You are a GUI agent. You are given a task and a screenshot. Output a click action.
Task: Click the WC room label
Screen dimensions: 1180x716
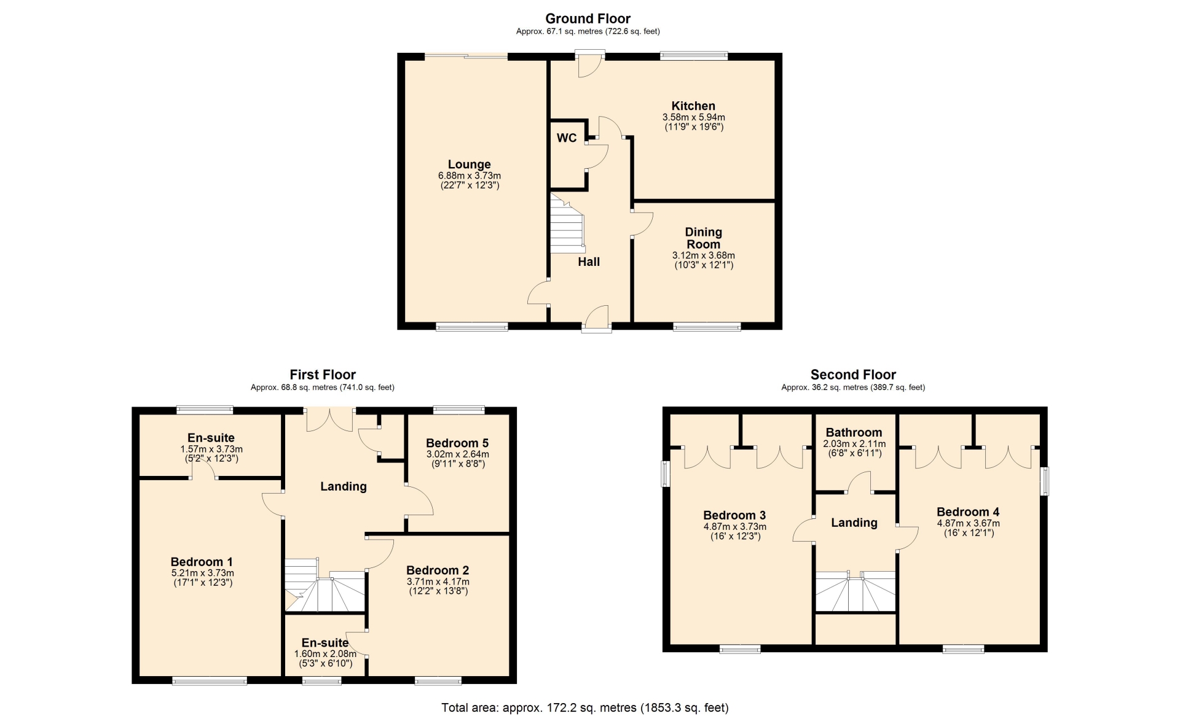pos(567,138)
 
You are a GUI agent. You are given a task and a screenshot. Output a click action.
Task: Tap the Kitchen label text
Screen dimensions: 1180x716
pos(693,106)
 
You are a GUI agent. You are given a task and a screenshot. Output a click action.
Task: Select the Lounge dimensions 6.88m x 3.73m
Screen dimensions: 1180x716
pos(470,176)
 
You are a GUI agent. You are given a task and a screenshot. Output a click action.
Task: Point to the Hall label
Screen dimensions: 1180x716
pos(589,262)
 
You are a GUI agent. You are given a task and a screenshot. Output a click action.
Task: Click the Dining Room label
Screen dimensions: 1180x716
pos(704,238)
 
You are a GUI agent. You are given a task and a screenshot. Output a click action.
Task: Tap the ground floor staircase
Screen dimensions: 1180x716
pos(566,224)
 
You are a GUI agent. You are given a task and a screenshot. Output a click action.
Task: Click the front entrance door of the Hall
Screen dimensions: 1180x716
pos(597,319)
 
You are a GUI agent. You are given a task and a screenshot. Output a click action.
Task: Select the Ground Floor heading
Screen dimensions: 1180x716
pos(588,18)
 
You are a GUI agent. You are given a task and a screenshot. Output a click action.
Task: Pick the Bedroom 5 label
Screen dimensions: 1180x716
pos(457,443)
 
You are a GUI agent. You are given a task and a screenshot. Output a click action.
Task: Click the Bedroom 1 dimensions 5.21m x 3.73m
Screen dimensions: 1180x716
pos(202,573)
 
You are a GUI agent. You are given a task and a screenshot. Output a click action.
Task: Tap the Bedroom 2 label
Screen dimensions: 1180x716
pos(438,570)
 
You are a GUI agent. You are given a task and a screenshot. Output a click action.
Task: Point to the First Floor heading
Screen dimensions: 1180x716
pos(323,375)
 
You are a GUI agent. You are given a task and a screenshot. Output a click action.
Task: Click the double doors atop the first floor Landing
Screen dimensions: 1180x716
pos(330,420)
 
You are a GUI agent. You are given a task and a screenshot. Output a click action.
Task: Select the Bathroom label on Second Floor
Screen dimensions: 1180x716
pos(854,432)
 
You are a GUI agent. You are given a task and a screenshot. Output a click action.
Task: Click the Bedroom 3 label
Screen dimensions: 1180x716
pos(734,515)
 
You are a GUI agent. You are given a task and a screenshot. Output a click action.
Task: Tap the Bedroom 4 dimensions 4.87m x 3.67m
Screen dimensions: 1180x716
pos(968,523)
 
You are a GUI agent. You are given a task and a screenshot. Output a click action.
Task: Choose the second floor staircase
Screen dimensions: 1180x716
pos(855,591)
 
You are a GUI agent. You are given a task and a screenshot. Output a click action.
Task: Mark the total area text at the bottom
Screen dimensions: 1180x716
pos(585,707)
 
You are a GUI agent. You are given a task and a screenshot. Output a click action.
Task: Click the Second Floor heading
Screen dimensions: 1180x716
pos(853,375)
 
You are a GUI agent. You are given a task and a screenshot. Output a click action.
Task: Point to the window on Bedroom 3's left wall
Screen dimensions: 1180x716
pos(665,473)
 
